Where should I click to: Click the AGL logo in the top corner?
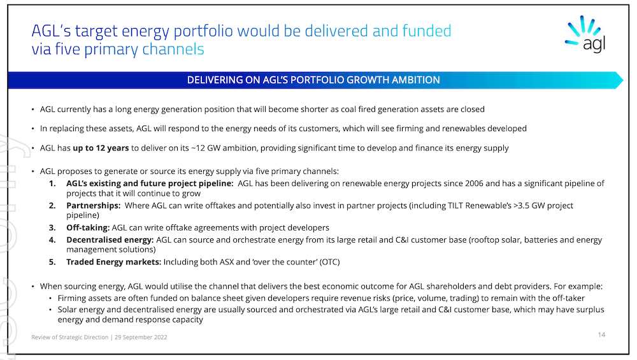(584, 34)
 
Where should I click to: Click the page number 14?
(601, 335)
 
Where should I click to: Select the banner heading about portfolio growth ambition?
(313, 80)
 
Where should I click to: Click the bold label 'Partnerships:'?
(94, 206)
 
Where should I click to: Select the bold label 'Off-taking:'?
(88, 227)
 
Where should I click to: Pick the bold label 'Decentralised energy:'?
(110, 240)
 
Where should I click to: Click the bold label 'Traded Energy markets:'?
(114, 262)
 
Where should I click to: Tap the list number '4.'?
(54, 240)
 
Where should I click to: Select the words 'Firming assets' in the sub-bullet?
(83, 298)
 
